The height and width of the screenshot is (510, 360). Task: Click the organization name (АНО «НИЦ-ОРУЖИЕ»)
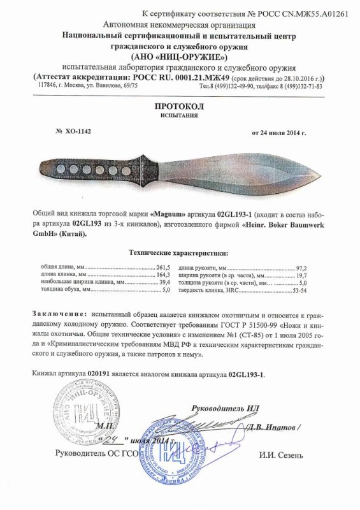point(180,56)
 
